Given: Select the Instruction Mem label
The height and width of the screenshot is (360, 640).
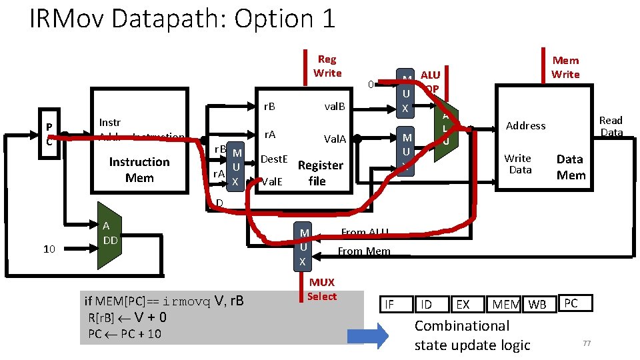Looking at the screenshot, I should pos(139,170).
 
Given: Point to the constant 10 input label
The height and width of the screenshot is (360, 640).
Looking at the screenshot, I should pos(49,249).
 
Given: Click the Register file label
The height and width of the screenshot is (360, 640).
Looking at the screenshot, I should pos(320,173).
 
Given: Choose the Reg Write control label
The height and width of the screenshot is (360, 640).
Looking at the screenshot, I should pos(327,66).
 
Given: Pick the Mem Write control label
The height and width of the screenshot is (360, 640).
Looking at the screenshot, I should pos(565,67).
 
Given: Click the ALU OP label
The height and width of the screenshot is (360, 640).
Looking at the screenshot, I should pos(431,82).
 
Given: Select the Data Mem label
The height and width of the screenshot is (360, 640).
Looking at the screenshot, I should pos(570,167).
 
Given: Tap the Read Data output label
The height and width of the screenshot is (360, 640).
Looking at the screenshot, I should pos(611,126).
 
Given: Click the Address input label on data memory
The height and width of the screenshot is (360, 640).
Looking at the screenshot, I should pos(525,125).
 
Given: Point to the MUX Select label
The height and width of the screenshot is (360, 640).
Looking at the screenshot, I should pos(322,289).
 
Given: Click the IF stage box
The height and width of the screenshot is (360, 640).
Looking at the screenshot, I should pos(390,305).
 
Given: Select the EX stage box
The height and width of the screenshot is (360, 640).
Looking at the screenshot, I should pos(463,305).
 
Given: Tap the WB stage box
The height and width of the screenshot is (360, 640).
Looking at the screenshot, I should pos(537,305).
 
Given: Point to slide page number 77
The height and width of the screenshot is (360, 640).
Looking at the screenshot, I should pos(587,343).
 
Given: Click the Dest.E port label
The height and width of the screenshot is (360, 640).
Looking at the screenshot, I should pos(273,159).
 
